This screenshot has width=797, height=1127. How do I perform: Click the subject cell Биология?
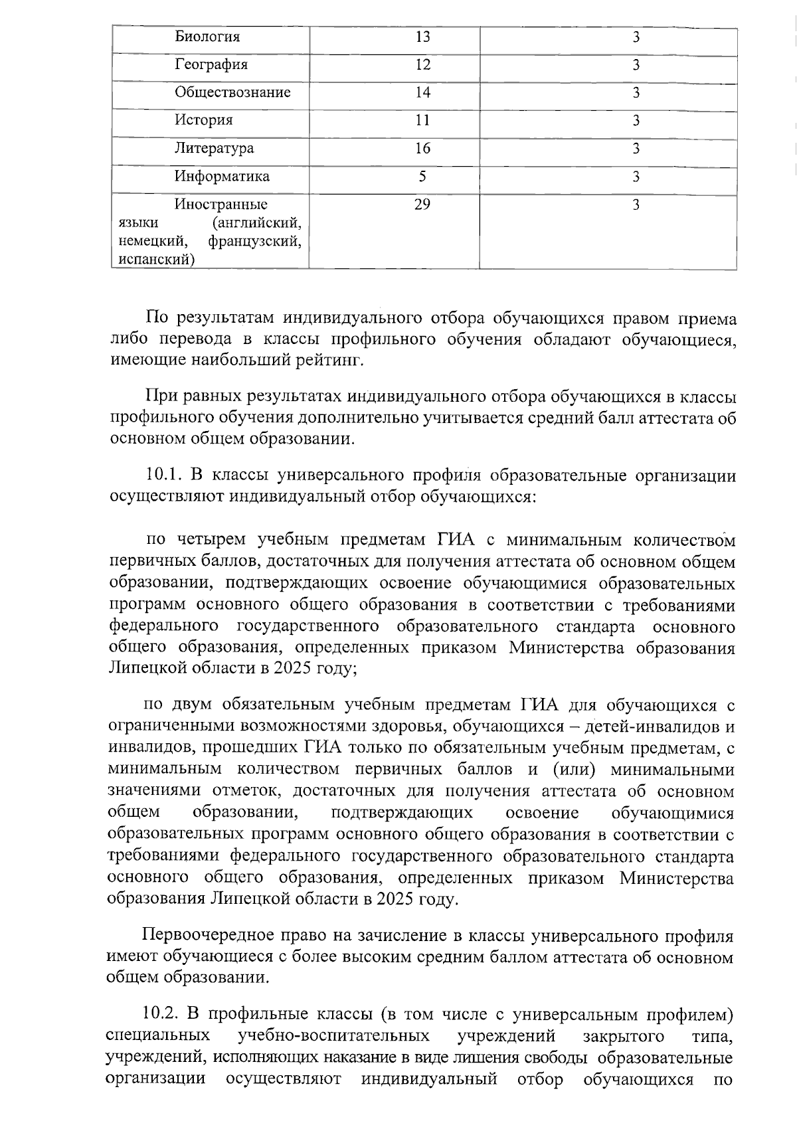click(207, 37)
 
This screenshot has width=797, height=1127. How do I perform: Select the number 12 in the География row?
click(422, 65)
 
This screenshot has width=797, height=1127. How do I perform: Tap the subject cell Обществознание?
click(232, 93)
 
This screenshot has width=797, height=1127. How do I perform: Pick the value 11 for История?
click(422, 121)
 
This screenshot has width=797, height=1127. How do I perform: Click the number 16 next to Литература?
click(422, 149)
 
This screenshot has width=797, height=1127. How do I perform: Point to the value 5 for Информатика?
click(422, 177)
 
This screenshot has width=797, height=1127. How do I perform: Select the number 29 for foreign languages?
click(422, 205)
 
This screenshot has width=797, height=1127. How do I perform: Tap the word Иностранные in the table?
click(221, 205)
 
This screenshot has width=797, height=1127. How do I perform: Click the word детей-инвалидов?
click(648, 727)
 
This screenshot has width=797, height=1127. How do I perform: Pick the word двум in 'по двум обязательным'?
click(193, 705)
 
